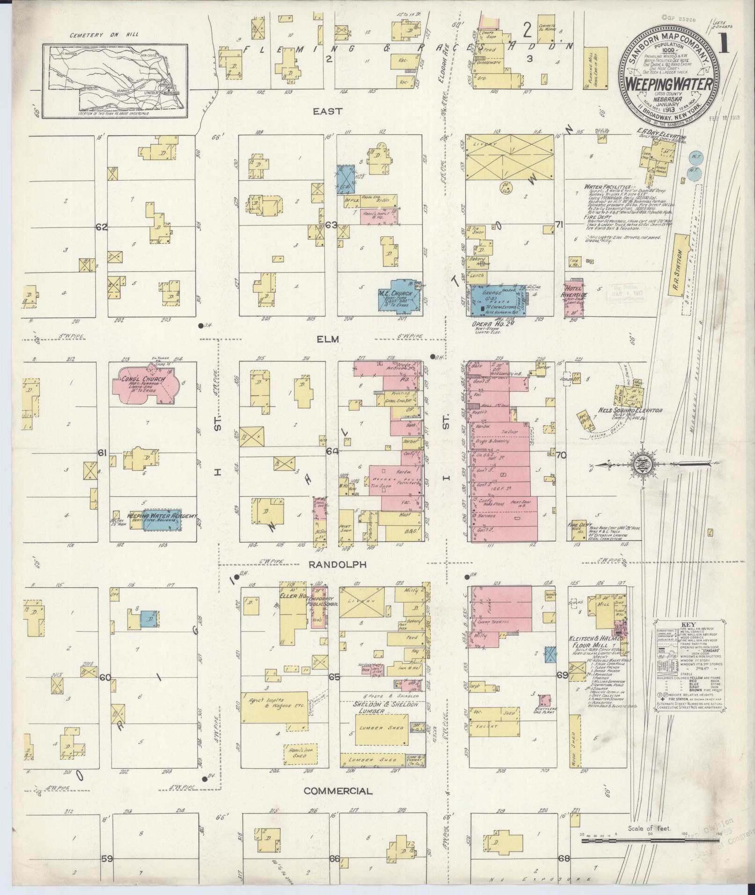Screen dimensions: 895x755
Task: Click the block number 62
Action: pos(102,227)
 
